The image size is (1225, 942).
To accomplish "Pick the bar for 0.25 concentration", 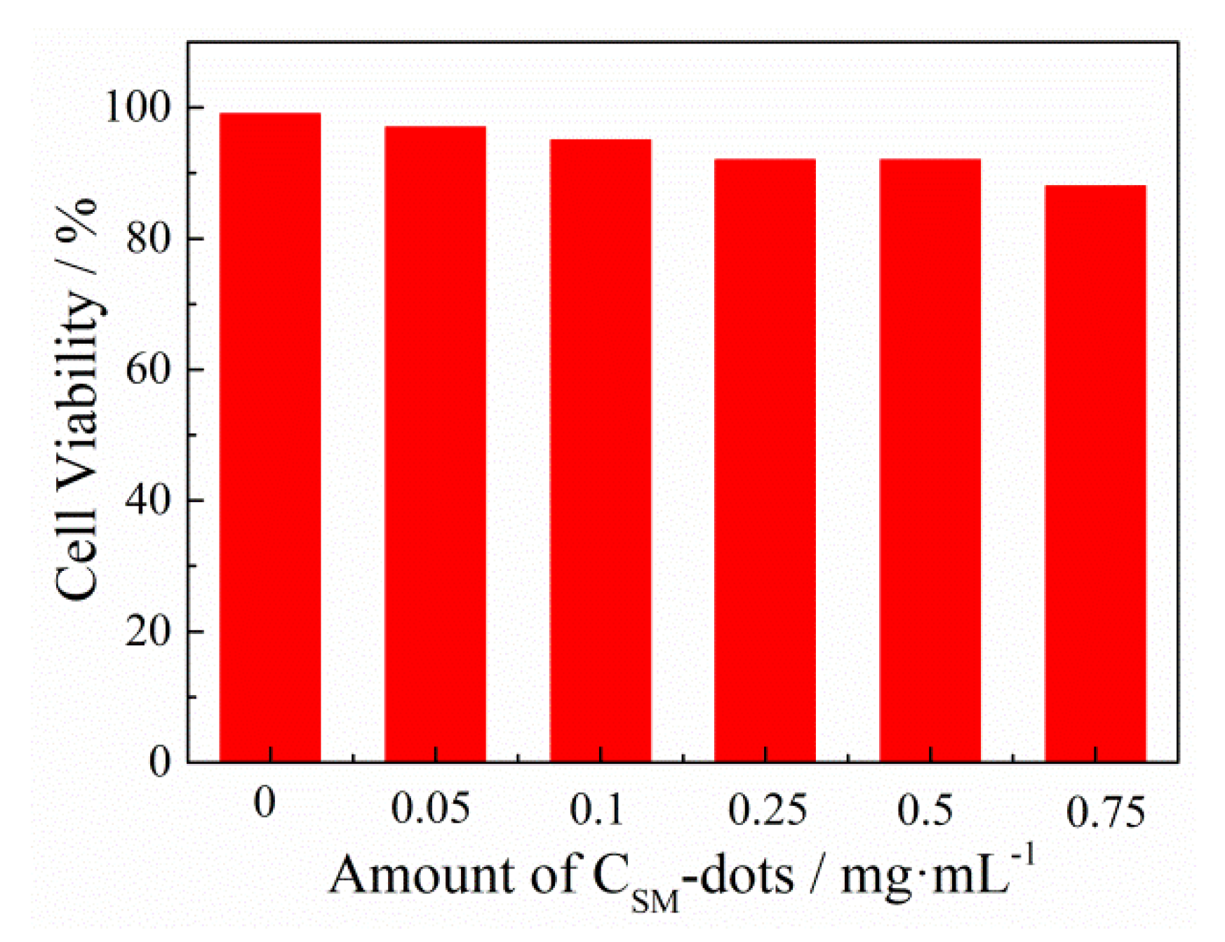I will pyautogui.click(x=765, y=460).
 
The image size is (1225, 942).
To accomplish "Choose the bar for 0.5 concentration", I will pyautogui.click(x=930, y=460).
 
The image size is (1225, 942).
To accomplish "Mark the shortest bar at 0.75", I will pyautogui.click(x=1095, y=473).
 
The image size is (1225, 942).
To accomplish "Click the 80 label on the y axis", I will pyautogui.click(x=147, y=238).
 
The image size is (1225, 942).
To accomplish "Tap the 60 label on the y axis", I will pyautogui.click(x=147, y=369).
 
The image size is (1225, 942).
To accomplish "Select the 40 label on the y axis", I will pyautogui.click(x=147, y=500).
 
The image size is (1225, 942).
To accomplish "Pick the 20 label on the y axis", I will pyautogui.click(x=147, y=631).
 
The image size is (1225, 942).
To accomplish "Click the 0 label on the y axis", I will pyautogui.click(x=159, y=762).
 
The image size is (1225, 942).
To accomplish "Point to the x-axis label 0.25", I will pyautogui.click(x=768, y=809).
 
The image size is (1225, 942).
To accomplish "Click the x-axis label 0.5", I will pyautogui.click(x=925, y=809).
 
